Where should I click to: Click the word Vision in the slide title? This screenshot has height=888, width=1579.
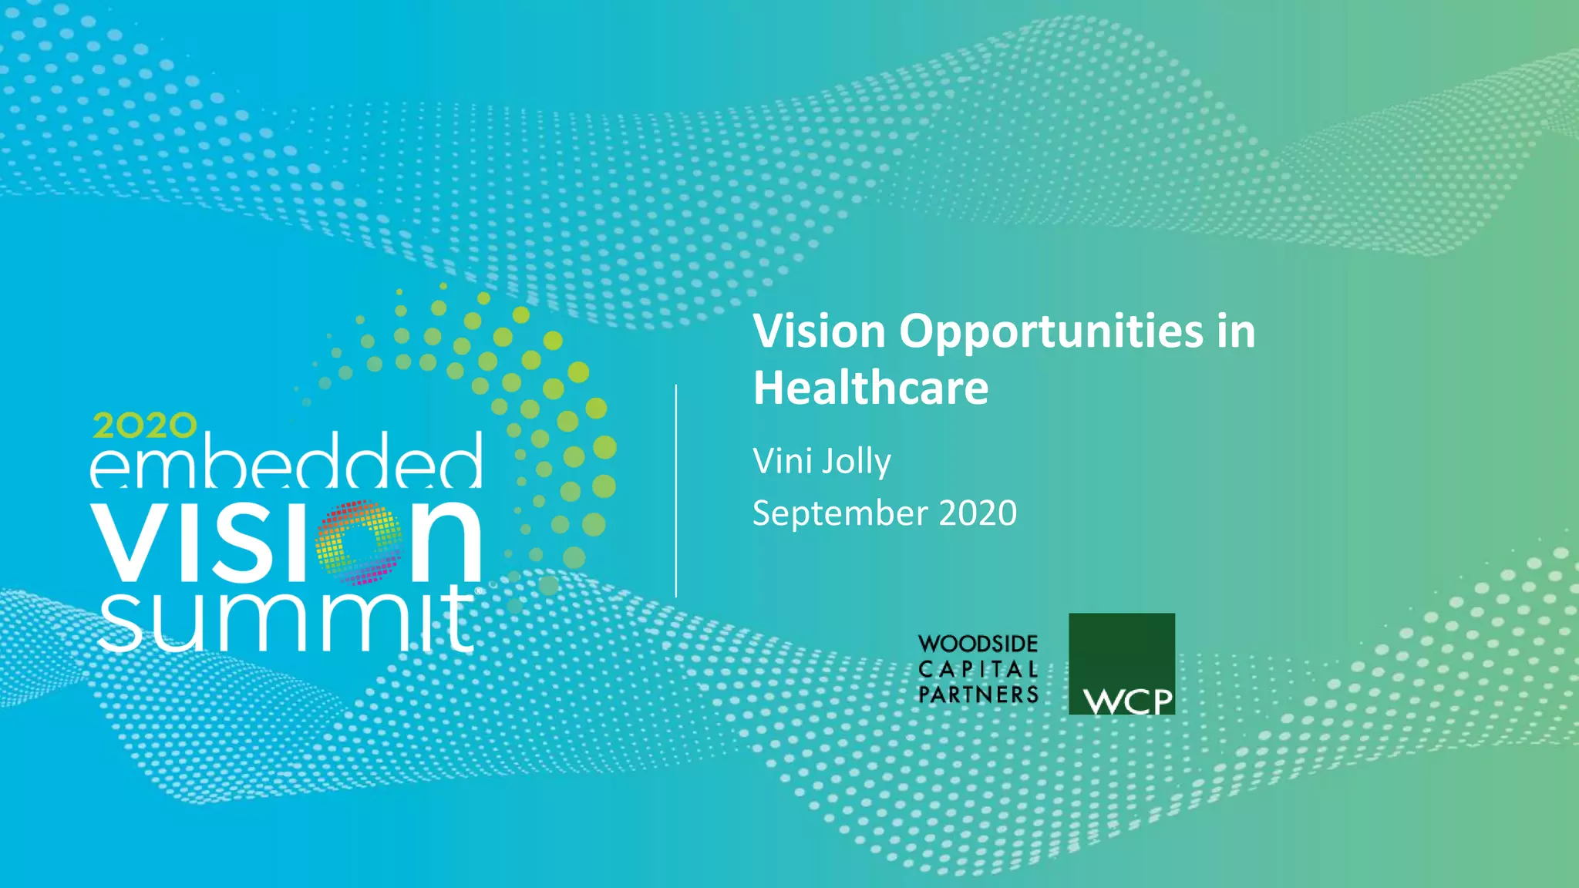click(819, 331)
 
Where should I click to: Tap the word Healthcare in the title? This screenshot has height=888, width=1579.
click(870, 388)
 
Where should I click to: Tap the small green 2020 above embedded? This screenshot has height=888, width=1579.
click(145, 425)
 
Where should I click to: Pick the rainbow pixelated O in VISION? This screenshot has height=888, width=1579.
click(359, 543)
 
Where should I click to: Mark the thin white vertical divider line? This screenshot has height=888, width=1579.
click(676, 491)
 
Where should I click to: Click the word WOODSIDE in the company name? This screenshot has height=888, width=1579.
click(978, 644)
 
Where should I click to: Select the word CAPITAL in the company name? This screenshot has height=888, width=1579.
click(978, 669)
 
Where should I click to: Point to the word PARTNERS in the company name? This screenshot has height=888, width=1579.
click(978, 695)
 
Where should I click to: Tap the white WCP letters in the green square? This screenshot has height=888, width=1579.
click(1127, 701)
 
